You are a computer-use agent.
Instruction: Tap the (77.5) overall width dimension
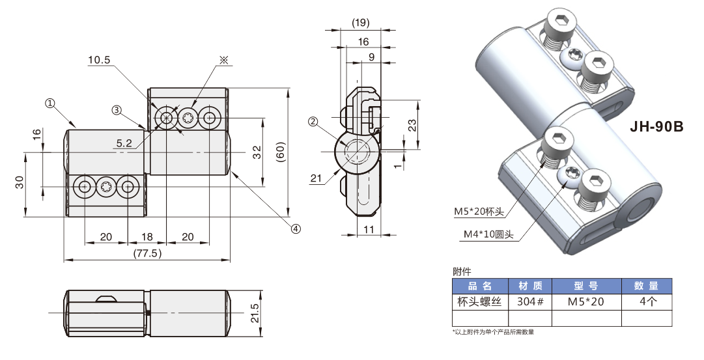[x=147, y=253]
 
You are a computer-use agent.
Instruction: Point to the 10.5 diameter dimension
[x=99, y=60]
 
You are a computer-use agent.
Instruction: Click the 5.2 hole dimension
[x=124, y=143]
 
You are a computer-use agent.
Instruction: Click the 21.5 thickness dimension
[x=255, y=313]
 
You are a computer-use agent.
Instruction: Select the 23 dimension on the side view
[x=412, y=126]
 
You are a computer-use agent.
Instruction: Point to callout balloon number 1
[x=49, y=103]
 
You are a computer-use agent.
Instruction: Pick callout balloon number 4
[x=296, y=228]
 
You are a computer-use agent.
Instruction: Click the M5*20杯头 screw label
[x=479, y=211]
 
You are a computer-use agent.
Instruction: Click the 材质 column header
[x=529, y=286]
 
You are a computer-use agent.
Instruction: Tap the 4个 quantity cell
[x=646, y=301]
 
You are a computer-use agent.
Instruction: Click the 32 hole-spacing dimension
[x=257, y=152]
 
